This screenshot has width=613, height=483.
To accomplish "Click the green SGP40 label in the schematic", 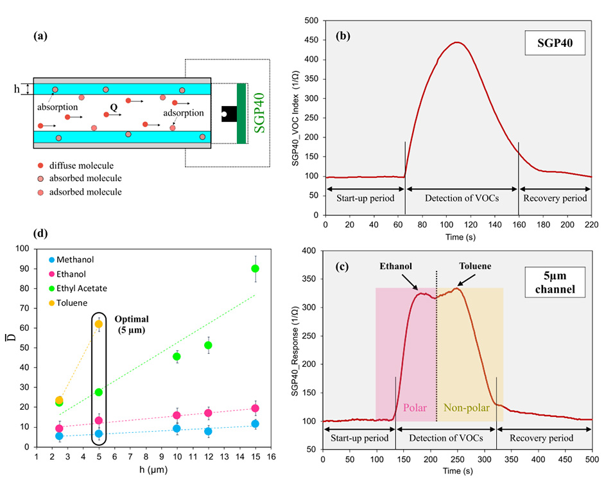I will pos(260,111).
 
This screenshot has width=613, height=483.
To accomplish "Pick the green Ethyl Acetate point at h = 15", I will pos(255,268).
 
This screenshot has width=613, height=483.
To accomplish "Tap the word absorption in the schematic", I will pos(56,105).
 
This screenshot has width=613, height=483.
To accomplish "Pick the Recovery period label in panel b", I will pos(555,198).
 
